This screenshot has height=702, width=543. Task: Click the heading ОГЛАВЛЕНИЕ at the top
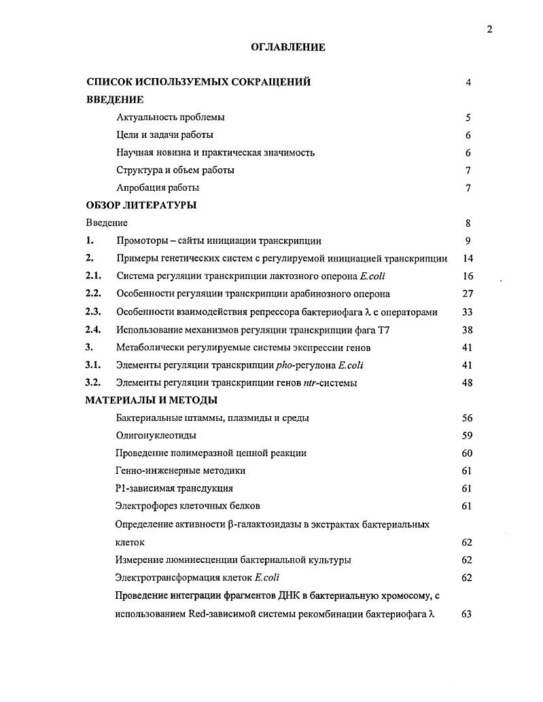coord(288,48)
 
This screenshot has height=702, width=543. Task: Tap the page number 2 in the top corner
coord(489,29)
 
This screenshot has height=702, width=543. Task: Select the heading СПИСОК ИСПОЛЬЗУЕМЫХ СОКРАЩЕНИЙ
coord(198,82)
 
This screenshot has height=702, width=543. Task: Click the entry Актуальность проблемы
coord(171,117)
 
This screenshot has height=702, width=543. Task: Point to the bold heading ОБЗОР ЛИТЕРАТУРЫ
coord(141,205)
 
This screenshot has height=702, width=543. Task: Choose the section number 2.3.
coord(93,312)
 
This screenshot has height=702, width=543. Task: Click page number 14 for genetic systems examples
coord(468,259)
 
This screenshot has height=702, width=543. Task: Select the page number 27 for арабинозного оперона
coord(468,294)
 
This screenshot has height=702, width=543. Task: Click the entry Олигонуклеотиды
coord(156,435)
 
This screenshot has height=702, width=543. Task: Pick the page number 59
coord(467,435)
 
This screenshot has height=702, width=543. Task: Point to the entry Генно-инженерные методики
coord(181,470)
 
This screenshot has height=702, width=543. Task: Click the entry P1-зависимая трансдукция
coord(175,488)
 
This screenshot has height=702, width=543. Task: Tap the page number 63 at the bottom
coord(467,614)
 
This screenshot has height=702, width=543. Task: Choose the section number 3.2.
coord(93,382)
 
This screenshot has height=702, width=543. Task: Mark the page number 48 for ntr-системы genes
coord(468,382)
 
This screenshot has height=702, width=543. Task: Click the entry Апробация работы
coord(158,188)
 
